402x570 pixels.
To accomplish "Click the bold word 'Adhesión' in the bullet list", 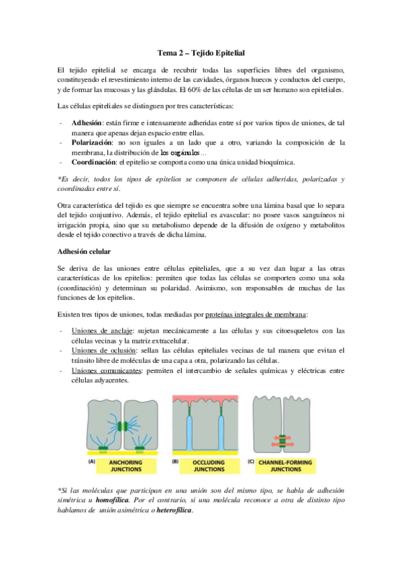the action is (87, 124).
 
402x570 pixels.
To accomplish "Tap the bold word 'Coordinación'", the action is (95, 162).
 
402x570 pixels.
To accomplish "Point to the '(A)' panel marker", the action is (92, 462).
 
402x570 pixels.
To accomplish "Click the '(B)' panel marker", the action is (177, 462).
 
